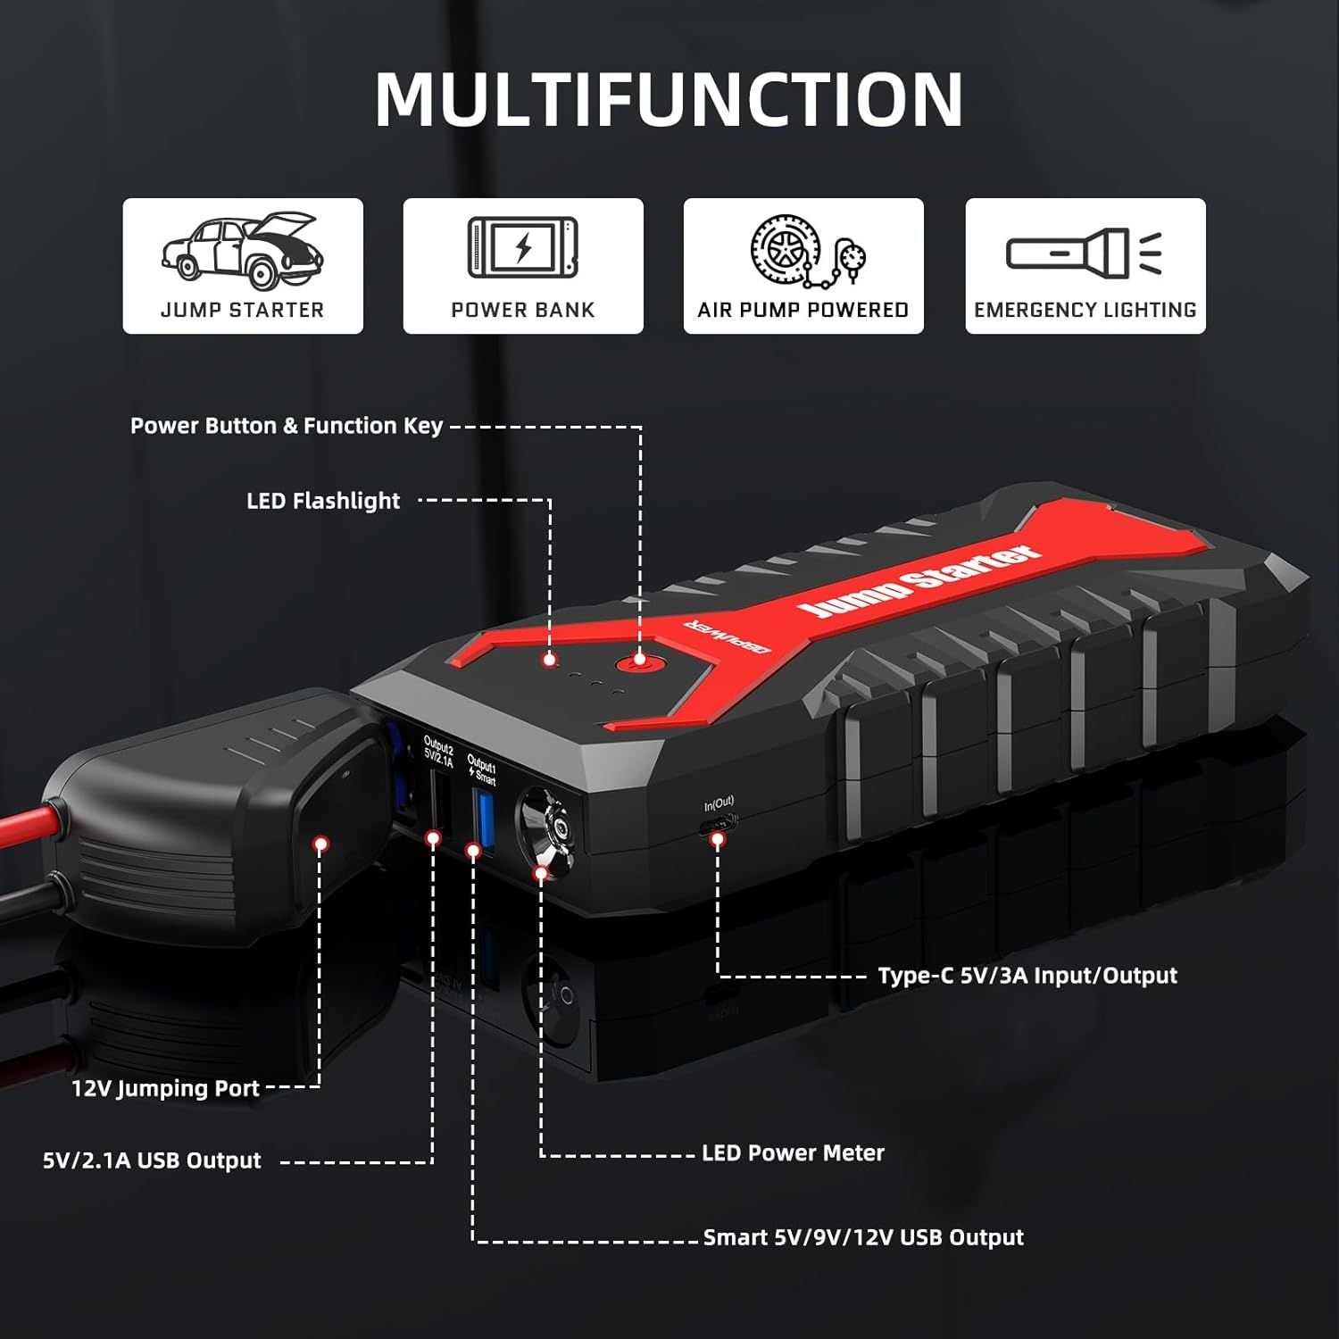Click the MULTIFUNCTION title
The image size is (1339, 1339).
click(669, 98)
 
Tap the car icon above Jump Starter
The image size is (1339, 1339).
click(242, 251)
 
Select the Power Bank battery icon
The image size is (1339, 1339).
click(523, 246)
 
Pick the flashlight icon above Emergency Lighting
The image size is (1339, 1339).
click(1085, 252)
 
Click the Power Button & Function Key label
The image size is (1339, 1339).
click(287, 426)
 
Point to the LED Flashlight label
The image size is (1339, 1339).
click(323, 501)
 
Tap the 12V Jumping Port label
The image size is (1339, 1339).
click(166, 1088)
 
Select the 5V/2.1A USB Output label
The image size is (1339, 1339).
click(152, 1160)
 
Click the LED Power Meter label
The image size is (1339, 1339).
click(793, 1153)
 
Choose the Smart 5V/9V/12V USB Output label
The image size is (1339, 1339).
click(863, 1237)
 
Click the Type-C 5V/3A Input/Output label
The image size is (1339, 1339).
click(1027, 976)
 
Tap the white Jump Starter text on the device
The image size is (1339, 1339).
click(919, 583)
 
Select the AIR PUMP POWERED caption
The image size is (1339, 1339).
click(803, 310)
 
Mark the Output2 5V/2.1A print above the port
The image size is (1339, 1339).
click(438, 753)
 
